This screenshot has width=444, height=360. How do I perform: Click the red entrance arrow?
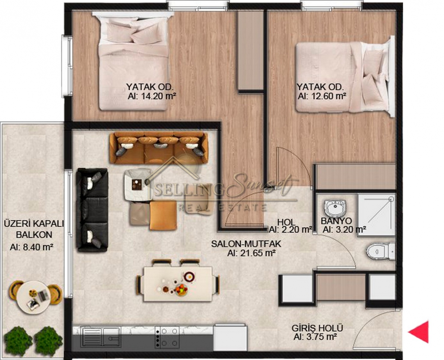coord(418,332)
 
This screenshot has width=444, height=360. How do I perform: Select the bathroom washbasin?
coord(335,209)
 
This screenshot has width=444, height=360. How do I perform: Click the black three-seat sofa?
coord(92,210)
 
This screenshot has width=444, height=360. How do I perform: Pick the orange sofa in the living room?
coord(159,148)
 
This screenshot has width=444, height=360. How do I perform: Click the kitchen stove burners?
coord(167,337)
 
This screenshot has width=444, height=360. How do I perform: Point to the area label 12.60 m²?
coord(322,96)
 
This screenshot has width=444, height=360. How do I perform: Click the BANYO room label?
coord(336,221)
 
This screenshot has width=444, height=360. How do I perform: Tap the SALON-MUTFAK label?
coord(246,244)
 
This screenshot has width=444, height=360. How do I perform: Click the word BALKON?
coord(34,235)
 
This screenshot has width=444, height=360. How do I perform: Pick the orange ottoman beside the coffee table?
coord(163,216)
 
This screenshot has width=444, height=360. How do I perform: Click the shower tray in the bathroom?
coord(376,215)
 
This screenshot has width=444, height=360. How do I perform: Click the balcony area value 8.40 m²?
coord(31,247)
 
